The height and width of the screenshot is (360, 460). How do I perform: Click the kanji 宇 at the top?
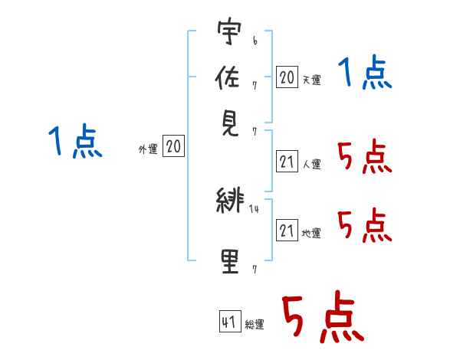pyautogui.click(x=229, y=31)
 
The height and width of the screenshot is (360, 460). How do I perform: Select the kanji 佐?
pyautogui.click(x=228, y=77)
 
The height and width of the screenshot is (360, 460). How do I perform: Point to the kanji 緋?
pyautogui.click(x=230, y=200)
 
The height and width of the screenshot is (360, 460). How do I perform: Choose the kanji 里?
pyautogui.click(x=230, y=261)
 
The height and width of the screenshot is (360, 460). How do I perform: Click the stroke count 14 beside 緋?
pyautogui.click(x=254, y=209)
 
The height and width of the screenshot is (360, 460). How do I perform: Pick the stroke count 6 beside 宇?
pyautogui.click(x=255, y=41)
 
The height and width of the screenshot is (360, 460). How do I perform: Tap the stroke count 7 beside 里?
pyautogui.click(x=255, y=269)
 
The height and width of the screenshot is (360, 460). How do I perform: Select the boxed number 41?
pyautogui.click(x=230, y=321)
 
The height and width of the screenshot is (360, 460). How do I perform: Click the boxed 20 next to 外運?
pyautogui.click(x=174, y=146)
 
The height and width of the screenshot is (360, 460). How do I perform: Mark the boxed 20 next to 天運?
pyautogui.click(x=287, y=77)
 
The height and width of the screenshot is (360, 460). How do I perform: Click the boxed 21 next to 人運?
pyautogui.click(x=287, y=161)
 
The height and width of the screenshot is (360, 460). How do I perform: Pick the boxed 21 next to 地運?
pyautogui.click(x=287, y=230)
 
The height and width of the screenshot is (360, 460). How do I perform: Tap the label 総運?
pyautogui.click(x=255, y=325)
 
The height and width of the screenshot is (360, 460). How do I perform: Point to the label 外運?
pyautogui.click(x=148, y=149)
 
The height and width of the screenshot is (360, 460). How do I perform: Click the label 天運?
pyautogui.click(x=312, y=80)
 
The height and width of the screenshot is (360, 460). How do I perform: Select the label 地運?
pyautogui.click(x=311, y=234)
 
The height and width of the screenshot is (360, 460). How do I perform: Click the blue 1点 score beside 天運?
pyautogui.click(x=365, y=71)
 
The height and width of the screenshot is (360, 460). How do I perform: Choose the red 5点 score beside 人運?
pyautogui.click(x=365, y=156)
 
